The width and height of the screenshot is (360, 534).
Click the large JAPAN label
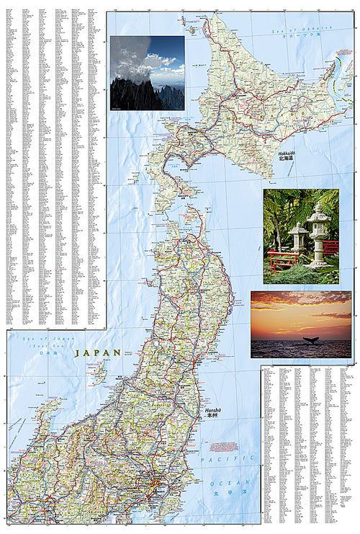pos(98,353)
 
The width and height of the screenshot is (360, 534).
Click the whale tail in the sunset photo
pos(311,340)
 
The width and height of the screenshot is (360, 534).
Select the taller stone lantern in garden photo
pos(318,233)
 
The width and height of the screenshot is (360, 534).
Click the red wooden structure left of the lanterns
pos(282,259)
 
